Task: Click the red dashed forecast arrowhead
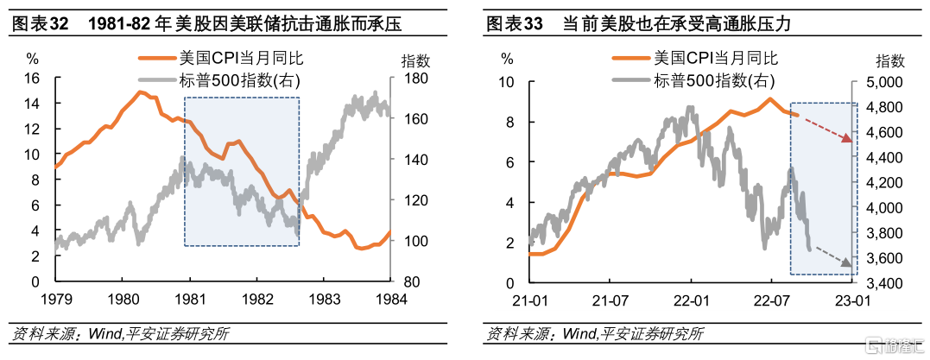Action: [x=847, y=139]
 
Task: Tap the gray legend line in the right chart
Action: [x=632, y=80]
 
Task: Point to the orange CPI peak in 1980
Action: [x=140, y=92]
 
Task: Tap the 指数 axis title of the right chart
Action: [x=889, y=60]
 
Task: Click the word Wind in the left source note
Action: [x=105, y=334]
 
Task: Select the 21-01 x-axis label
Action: [x=529, y=300]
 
